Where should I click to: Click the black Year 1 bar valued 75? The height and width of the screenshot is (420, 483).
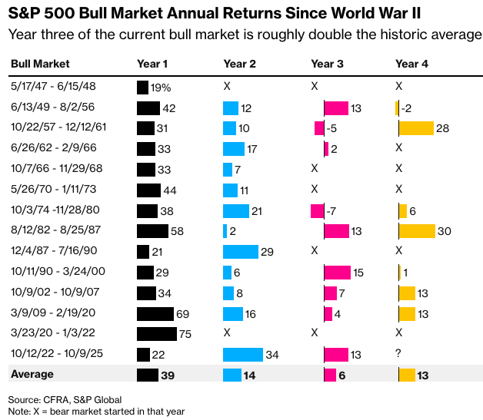point(156,334)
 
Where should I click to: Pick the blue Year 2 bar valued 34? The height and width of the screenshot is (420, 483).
point(242,354)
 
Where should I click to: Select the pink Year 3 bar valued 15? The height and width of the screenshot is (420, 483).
point(337,272)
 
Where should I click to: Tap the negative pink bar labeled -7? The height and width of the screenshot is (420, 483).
point(317,210)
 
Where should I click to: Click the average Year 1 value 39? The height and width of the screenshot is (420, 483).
point(168,375)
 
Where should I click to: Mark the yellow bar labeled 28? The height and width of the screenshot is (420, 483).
point(416,127)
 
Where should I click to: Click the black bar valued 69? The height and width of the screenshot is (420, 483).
point(155,313)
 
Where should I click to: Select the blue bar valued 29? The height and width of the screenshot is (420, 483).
point(240,251)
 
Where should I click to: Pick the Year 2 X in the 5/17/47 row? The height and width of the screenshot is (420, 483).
point(227,86)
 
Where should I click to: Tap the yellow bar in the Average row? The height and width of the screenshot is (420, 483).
point(407,375)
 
